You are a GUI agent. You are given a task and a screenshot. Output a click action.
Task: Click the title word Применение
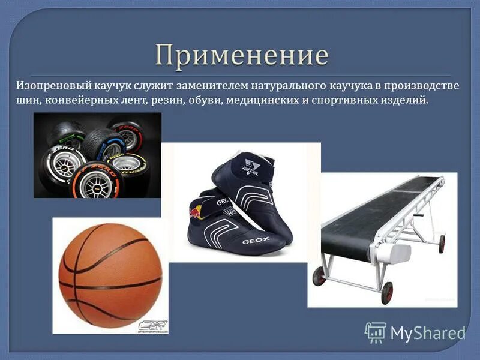(242, 56)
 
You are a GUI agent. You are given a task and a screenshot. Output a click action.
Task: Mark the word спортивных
(343, 100)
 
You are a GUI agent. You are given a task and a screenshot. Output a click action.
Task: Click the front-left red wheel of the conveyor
(320, 277)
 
